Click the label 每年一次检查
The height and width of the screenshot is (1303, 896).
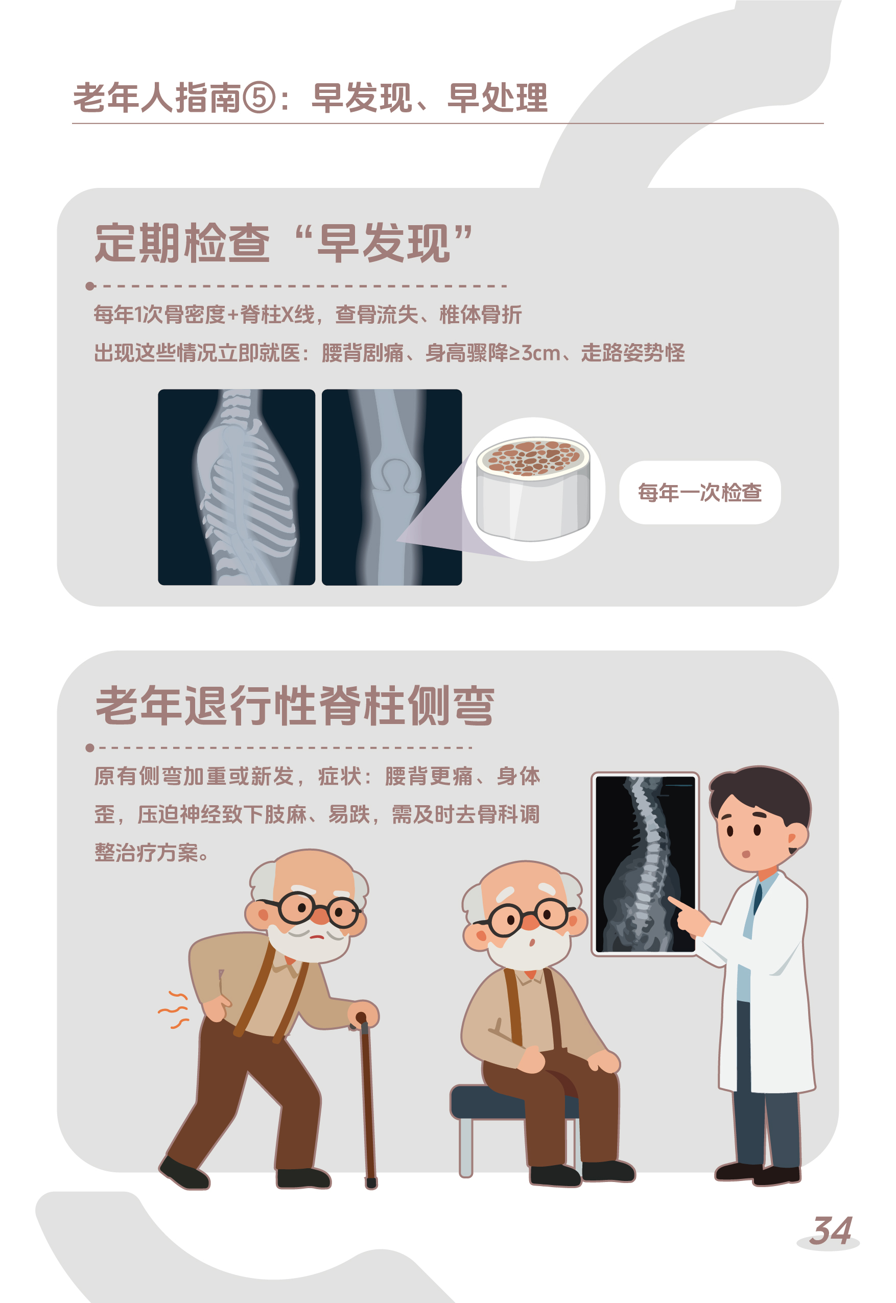(699, 493)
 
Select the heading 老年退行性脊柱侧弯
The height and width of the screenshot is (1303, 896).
(295, 706)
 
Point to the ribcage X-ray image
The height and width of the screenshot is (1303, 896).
(237, 487)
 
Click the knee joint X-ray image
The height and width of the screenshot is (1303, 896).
(392, 487)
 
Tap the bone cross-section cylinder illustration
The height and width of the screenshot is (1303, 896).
(533, 489)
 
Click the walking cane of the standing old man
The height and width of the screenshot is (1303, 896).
(367, 1100)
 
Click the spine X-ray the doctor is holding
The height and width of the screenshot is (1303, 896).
(645, 864)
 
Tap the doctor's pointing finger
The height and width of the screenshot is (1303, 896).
(676, 903)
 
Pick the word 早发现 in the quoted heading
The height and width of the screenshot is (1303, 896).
(383, 243)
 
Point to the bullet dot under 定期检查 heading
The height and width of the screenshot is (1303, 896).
(90, 286)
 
